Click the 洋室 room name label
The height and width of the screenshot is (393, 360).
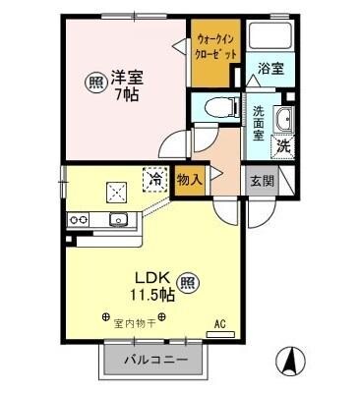click(x=126, y=77)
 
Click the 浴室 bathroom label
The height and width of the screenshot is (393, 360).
click(x=271, y=68)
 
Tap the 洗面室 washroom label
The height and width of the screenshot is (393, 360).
click(x=259, y=125)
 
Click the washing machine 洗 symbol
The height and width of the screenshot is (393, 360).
click(x=281, y=146)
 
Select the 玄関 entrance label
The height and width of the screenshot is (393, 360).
click(x=261, y=181)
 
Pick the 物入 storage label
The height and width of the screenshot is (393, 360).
click(x=190, y=180)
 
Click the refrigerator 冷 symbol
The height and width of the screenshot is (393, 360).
click(x=154, y=179)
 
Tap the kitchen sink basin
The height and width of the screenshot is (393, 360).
click(x=118, y=219)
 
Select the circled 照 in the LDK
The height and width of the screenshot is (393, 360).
click(x=191, y=285)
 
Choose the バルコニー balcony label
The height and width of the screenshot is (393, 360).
click(x=155, y=361)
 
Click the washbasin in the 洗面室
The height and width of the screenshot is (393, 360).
click(x=283, y=121)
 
